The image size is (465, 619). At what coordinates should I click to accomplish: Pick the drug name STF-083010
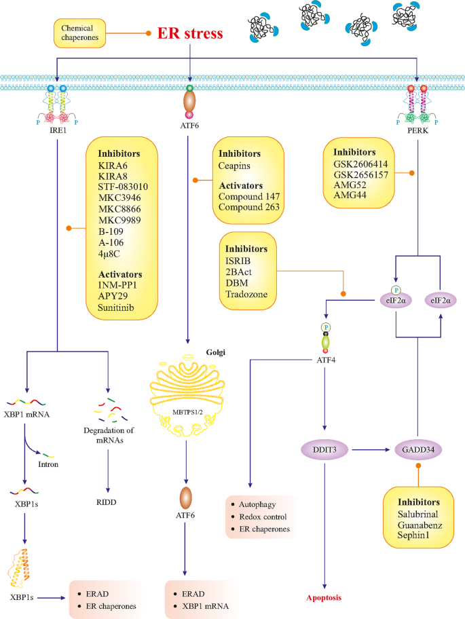[x=123, y=185]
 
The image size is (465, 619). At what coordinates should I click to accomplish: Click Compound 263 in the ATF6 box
[x=250, y=208]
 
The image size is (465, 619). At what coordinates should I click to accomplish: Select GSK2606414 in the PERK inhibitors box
[x=362, y=164]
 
